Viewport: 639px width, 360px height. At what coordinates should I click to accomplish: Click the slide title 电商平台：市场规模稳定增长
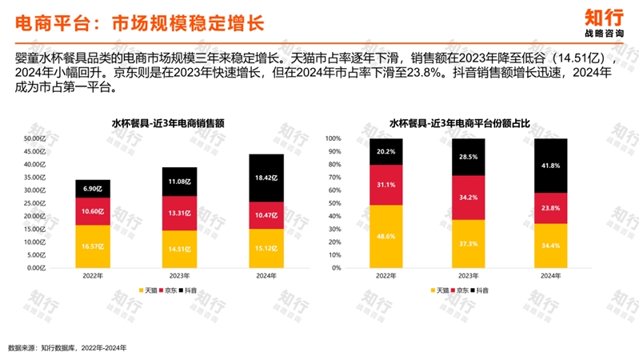pos(139,22)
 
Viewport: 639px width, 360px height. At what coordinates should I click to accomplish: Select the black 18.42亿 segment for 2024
pos(266,181)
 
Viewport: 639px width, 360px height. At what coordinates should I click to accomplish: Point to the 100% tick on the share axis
pos(331,139)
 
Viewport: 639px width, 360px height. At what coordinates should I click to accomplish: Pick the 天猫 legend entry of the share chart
pos(439,290)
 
